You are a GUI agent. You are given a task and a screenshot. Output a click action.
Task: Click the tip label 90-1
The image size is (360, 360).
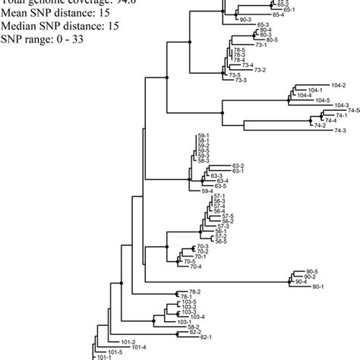(317, 286)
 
